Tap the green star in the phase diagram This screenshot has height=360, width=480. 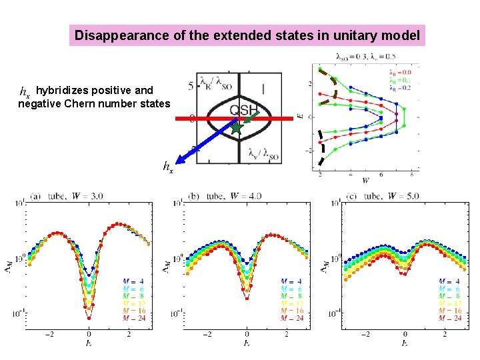click(x=237, y=127)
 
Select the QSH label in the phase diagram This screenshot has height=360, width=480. click(x=244, y=110)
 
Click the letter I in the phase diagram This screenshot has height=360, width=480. click(x=264, y=87)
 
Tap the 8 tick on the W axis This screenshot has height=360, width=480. click(x=411, y=174)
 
